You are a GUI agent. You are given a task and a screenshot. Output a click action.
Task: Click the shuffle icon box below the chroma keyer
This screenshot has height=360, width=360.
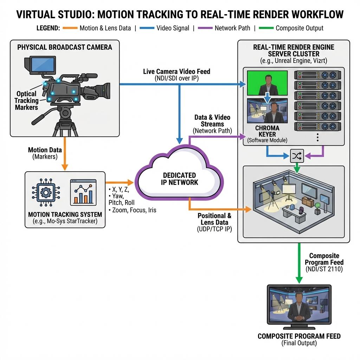pos(297,156)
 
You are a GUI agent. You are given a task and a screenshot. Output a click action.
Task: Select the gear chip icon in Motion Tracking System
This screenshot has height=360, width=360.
pos(46,192)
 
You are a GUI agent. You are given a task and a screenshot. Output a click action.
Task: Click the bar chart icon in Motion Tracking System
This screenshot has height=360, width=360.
pos(83,192)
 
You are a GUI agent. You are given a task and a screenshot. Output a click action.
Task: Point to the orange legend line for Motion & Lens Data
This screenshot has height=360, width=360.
pos(70,28)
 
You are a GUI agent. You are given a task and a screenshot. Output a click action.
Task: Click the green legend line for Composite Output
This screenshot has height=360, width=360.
pos(266,28)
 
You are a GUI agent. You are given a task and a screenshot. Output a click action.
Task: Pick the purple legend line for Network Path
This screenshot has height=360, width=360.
pos(205,28)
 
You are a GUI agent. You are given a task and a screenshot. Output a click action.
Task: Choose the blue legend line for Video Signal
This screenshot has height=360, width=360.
pos(147,28)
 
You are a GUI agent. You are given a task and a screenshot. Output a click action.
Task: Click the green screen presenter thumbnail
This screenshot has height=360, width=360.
pos(267,83)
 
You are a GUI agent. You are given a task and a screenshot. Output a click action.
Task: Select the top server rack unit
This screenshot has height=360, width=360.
pos(317,75)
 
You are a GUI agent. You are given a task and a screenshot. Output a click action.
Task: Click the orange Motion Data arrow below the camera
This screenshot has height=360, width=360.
pos(65,154)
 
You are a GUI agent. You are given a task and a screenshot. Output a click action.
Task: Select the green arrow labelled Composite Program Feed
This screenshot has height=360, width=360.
pos(299,263)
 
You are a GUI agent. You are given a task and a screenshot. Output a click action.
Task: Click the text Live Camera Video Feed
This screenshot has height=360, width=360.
pos(176,71)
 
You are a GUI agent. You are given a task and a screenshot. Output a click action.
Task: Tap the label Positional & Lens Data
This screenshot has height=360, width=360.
pos(214,219)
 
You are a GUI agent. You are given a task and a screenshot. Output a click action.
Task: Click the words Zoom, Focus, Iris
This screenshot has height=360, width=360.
pos(134,210)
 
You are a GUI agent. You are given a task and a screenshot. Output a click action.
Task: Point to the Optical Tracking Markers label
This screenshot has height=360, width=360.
pos(26,101)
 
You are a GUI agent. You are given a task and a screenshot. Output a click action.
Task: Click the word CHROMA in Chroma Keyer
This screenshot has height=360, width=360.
pos(267,128)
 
